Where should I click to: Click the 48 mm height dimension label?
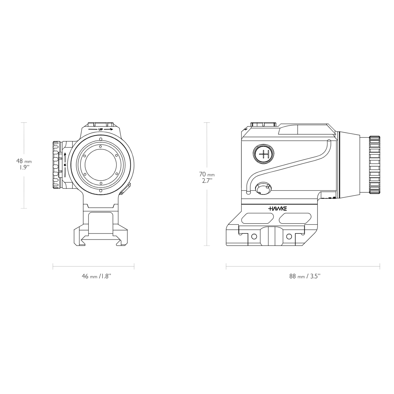point(24,161)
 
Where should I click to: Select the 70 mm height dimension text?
point(207,174)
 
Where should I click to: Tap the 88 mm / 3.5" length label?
point(304,276)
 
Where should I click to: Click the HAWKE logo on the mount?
point(277,208)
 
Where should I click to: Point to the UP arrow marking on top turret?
point(101,130)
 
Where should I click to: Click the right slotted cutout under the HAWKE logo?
point(295,218)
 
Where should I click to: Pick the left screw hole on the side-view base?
point(253,236)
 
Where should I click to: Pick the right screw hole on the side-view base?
point(289,236)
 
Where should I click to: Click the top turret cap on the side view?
point(263,124)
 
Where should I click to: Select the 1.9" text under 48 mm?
point(24,167)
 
